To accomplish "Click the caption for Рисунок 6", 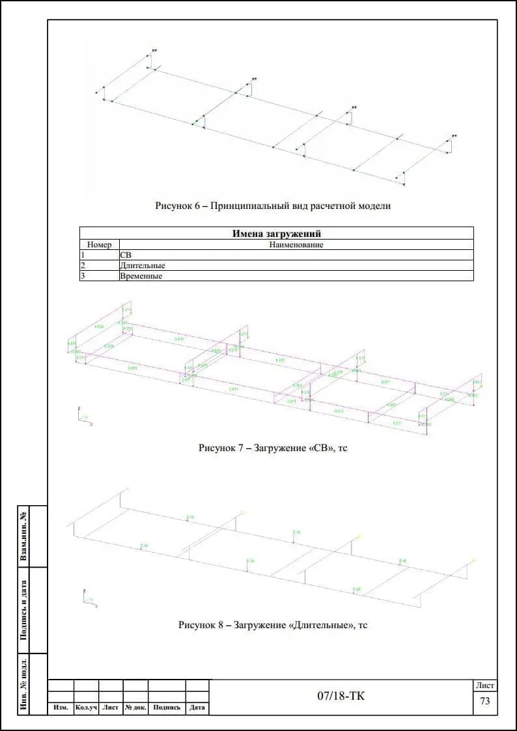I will point(273,206).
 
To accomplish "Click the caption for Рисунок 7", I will point(273,448).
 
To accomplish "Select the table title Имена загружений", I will point(277,234).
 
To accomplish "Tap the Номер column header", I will point(100,245).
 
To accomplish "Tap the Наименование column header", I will point(296,245).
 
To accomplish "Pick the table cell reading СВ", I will point(126,255).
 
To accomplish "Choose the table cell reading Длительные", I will point(143,266).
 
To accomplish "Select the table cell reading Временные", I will point(141,276).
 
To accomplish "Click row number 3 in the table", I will point(83,276).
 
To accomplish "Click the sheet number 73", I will point(484,702).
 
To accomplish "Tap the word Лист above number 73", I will point(485,685).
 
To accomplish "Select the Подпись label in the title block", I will point(167,708).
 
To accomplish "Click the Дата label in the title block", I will point(197,708).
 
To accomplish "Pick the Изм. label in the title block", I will point(61,708).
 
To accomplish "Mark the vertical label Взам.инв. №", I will point(24,536).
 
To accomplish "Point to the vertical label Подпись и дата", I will point(24,610).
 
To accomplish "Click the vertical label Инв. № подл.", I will point(24,683).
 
